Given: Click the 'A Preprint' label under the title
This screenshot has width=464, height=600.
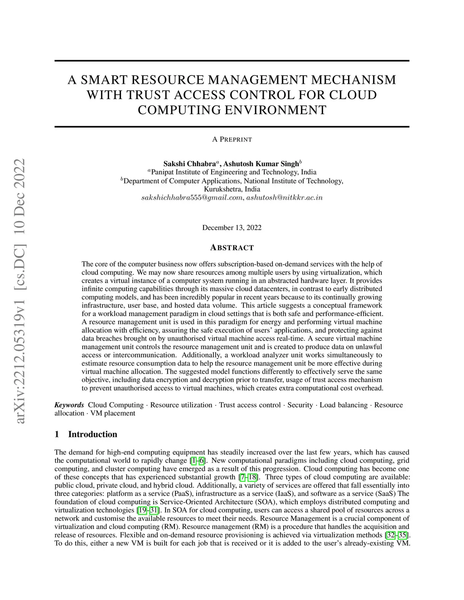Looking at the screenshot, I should tap(232, 139).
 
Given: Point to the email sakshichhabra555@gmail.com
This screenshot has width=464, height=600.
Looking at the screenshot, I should tap(192, 198).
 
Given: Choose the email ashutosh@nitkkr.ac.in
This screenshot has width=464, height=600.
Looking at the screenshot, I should tap(284, 198).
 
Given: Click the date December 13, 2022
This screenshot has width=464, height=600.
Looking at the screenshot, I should tap(232, 227).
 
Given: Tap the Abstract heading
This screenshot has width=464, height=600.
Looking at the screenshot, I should tap(232, 248).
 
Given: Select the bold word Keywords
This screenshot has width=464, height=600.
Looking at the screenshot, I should tap(69, 405).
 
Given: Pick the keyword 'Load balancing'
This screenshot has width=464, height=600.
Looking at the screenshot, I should tap(343, 405).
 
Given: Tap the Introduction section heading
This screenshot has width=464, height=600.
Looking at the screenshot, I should tap(92, 434).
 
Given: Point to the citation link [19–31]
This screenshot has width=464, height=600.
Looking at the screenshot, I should tap(148, 510).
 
